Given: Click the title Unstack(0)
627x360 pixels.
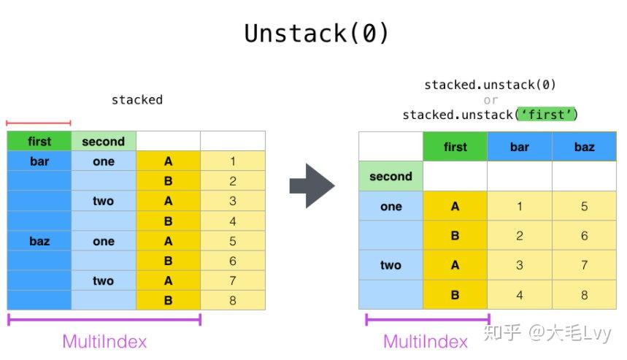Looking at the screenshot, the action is [316, 33].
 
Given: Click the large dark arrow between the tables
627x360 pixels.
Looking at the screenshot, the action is [312, 185].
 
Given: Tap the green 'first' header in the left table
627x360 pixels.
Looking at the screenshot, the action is [39, 141].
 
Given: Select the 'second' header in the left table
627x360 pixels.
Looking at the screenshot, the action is [104, 141].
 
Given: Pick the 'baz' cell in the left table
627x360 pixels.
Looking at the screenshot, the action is [39, 241].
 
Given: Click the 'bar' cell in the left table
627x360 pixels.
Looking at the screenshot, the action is [39, 161].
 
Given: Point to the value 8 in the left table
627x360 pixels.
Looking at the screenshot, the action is [233, 300].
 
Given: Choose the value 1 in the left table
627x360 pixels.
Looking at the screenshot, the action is [233, 161].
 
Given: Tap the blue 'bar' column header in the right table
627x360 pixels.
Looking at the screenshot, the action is [520, 147].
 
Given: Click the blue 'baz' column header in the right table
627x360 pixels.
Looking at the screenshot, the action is [584, 147].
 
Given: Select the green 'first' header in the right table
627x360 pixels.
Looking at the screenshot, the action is [455, 147].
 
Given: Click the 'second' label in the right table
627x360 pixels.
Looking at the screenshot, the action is [391, 177].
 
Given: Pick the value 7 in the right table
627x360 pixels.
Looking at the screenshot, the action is [584, 265].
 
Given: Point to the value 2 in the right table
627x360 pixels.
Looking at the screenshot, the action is [520, 236].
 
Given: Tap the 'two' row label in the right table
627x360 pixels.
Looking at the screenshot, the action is [391, 265].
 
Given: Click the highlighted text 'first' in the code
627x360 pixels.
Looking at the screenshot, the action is [547, 115].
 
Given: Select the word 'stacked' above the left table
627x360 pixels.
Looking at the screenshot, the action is [137, 99].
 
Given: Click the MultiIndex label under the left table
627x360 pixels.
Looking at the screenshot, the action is [104, 342].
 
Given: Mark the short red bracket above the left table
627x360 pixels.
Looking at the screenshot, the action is [39, 123].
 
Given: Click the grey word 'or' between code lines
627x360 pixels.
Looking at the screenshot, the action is [491, 100].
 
